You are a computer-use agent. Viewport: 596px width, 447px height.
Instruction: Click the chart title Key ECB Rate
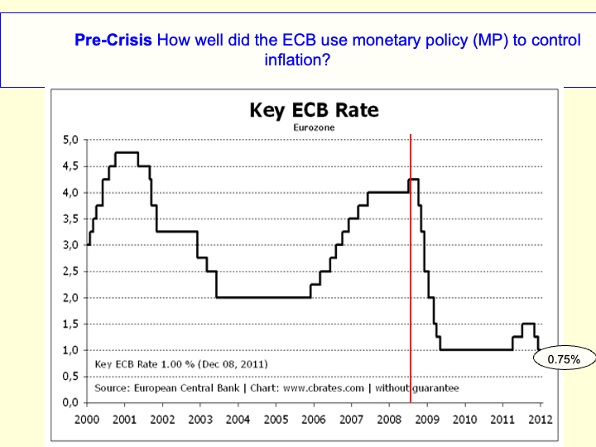314,110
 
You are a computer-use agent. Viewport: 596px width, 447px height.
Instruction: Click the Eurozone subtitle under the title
314,128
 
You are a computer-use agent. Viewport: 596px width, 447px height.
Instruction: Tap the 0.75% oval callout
564,359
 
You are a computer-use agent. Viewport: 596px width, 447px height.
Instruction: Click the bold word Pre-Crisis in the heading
113,40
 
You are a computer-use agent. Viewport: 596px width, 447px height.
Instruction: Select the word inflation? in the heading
297,60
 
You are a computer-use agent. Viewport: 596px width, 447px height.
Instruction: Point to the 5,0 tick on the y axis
70,140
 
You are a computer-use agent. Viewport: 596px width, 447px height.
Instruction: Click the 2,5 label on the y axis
70,271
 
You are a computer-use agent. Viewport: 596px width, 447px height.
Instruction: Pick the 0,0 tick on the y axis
70,402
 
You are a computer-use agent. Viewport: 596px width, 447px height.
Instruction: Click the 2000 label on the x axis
88,420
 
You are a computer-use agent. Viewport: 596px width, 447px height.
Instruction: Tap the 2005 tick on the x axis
276,420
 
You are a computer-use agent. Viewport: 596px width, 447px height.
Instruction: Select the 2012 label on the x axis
540,420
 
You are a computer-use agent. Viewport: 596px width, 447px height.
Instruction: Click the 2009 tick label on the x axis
427,420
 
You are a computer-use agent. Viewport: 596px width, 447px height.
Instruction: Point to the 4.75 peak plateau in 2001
127,152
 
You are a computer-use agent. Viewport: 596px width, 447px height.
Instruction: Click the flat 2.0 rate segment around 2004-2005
263,297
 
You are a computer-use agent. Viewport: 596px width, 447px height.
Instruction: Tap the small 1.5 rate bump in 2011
528,324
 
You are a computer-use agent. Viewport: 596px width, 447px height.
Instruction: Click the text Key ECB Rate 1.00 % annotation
181,364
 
